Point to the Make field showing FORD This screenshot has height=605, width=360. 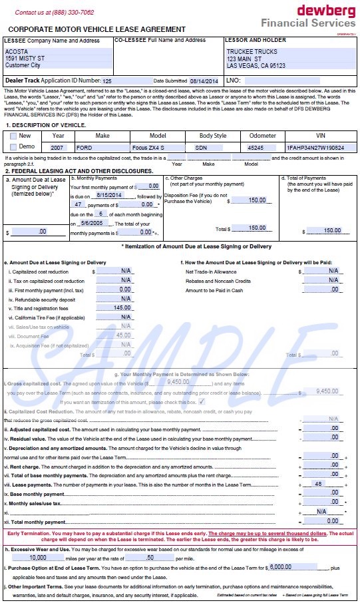pyautogui.click(x=100, y=147)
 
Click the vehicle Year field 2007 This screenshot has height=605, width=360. pyautogui.click(x=58, y=147)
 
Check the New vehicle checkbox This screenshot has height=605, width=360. pyautogui.click(x=14, y=136)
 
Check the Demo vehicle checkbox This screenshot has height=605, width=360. pyautogui.click(x=14, y=147)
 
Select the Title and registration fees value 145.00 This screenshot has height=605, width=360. pyautogui.click(x=122, y=307)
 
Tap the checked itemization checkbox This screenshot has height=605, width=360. pyautogui.click(x=202, y=402)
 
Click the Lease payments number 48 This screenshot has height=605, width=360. pyautogui.click(x=318, y=484)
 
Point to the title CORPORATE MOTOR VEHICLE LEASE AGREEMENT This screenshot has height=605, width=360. pyautogui.click(x=97, y=29)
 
